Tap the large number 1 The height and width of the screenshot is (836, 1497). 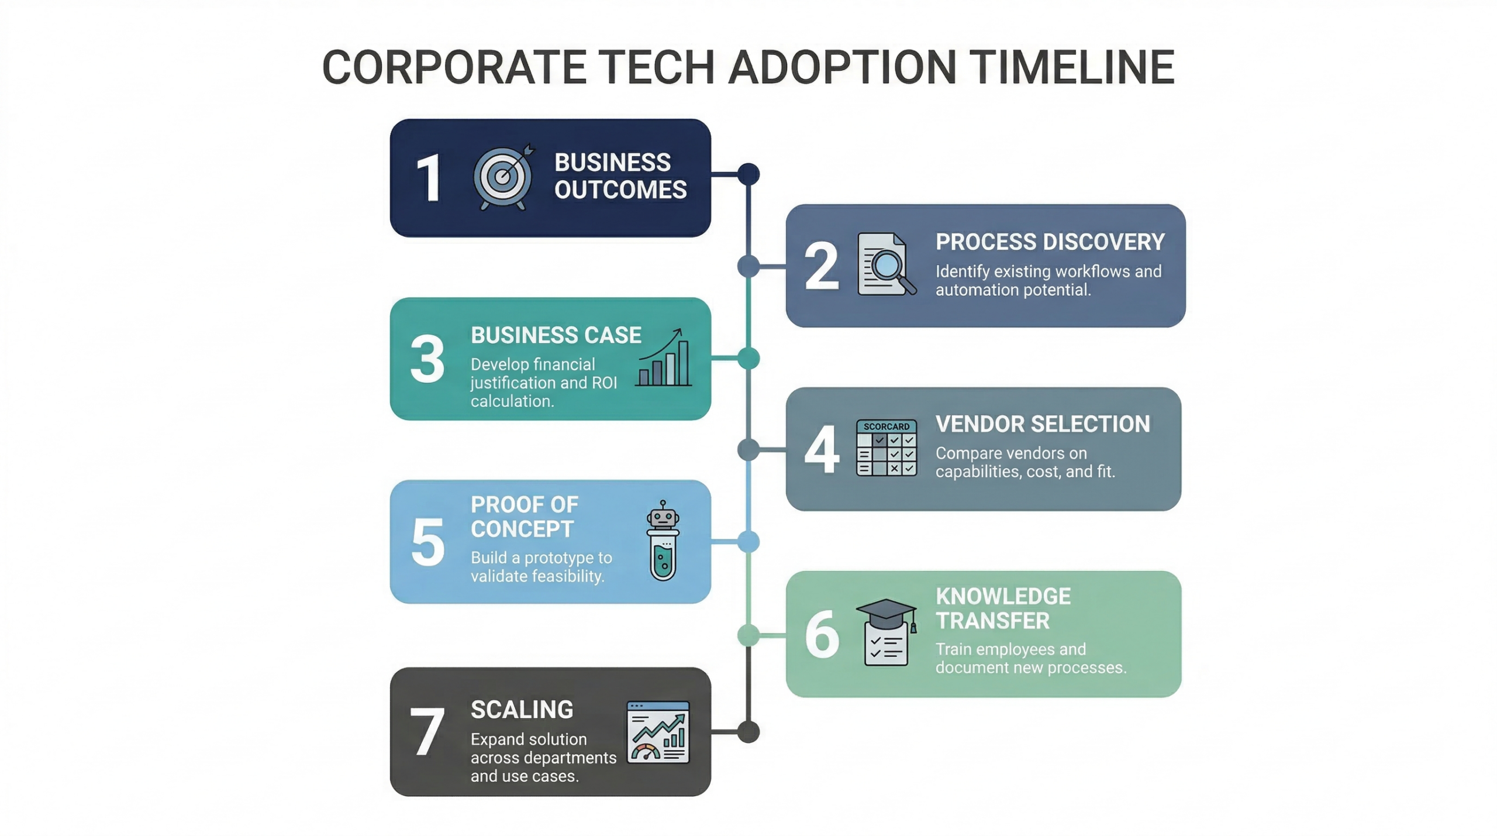tap(429, 178)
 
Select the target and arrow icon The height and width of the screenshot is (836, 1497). tap(503, 177)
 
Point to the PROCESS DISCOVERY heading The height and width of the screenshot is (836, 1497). tap(1050, 242)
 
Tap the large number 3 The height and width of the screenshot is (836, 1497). tap(427, 359)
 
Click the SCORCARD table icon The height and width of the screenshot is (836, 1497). tap(886, 448)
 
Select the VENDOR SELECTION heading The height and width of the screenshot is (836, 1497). tap(1042, 424)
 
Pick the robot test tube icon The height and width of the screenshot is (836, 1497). tap(663, 541)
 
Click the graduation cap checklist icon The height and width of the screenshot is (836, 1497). tap(885, 632)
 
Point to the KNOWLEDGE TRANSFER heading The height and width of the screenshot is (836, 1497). tap(1003, 608)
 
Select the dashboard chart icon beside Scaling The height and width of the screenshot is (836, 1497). tap(658, 732)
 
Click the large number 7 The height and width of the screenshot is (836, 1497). tap(427, 732)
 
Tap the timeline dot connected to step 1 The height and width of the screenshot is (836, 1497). tap(748, 174)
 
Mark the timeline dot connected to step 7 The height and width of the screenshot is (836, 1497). tap(748, 732)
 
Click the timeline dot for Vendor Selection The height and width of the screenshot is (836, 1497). tap(748, 450)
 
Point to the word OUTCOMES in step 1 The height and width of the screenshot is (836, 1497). tap(620, 190)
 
